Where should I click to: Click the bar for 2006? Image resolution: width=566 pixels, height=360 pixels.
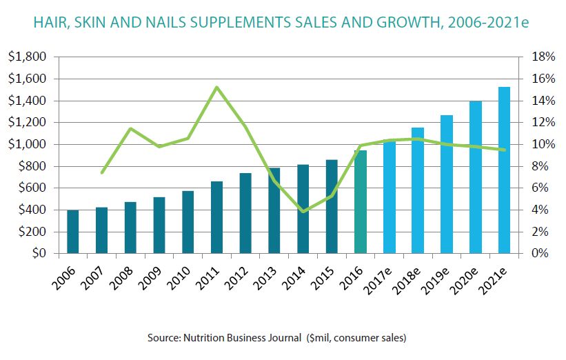pyautogui.click(x=72, y=232)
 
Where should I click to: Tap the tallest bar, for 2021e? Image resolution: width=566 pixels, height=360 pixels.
pyautogui.click(x=505, y=170)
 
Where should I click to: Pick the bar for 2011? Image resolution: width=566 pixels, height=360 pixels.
pyautogui.click(x=216, y=217)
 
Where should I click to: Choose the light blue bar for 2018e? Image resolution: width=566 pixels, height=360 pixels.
pyautogui.click(x=418, y=190)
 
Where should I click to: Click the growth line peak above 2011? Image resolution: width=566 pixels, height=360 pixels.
pyautogui.click(x=216, y=88)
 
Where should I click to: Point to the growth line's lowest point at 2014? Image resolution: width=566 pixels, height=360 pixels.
pyautogui.click(x=303, y=211)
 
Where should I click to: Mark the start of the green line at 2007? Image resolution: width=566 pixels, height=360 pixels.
pyautogui.click(x=102, y=172)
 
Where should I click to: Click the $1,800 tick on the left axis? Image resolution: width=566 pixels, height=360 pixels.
pyautogui.click(x=27, y=57)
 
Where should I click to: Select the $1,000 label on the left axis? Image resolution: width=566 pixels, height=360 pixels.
pyautogui.click(x=27, y=144)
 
